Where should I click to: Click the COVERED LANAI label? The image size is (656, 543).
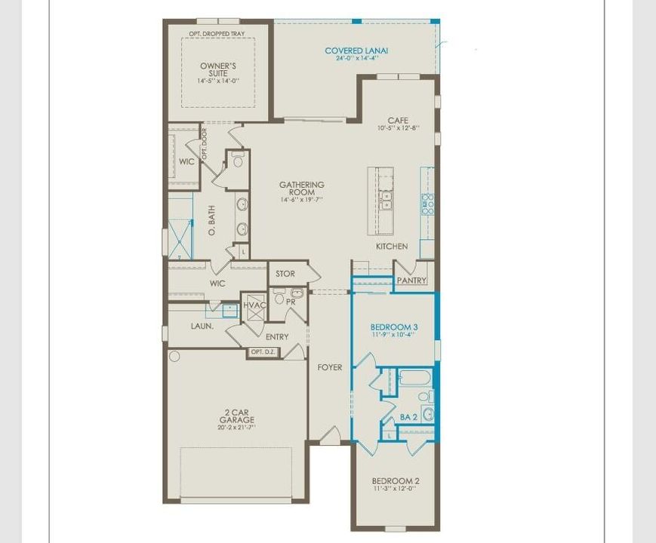click(356, 51)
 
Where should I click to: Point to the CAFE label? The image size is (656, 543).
click(398, 121)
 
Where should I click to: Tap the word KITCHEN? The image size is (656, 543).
click(392, 247)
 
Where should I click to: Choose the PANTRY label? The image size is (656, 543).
click(411, 281)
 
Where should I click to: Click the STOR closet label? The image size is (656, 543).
click(285, 274)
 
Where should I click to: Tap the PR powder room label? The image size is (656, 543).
click(290, 302)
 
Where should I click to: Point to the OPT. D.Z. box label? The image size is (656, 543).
click(263, 352)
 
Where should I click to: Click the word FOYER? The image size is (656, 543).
click(329, 367)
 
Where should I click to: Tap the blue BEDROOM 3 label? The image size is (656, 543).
click(394, 327)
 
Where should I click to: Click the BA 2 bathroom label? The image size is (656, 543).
click(409, 417)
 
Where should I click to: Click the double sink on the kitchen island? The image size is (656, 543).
click(387, 199)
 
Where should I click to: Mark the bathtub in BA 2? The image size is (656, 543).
click(414, 377)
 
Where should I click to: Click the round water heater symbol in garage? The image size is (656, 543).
click(174, 356)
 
